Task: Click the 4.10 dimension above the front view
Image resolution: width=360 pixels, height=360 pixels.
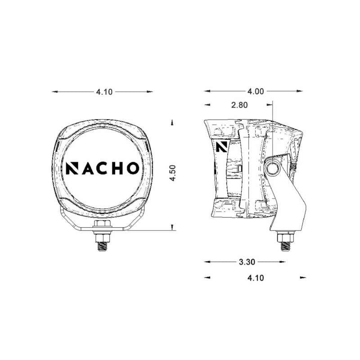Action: [x=103, y=92]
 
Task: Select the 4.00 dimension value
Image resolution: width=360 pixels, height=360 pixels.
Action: [x=255, y=92]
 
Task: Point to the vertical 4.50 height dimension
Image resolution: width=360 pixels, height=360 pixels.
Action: [x=172, y=172]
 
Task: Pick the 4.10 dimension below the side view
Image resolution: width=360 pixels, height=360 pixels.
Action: [x=255, y=278]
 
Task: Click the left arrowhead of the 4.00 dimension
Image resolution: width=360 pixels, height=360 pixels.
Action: [x=207, y=92]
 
